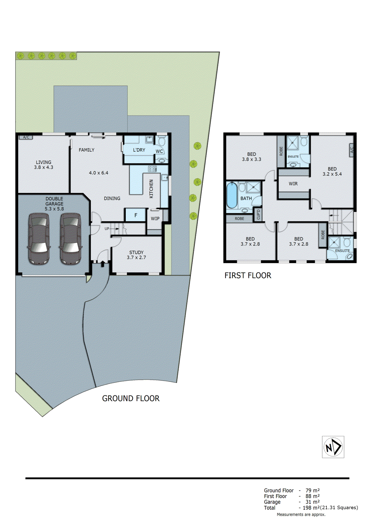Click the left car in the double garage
point(39,239)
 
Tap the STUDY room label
point(136,252)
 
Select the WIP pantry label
point(155,218)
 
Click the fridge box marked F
point(136,215)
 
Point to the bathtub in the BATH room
point(232,195)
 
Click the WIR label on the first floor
point(293,184)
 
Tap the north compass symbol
point(333,447)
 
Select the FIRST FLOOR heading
point(248,276)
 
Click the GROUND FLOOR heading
point(131,398)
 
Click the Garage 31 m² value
point(312,502)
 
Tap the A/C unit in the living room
point(26,137)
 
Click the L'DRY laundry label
point(139,150)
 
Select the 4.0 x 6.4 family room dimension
point(98,173)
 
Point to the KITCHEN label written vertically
point(151,189)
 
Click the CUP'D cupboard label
point(258,214)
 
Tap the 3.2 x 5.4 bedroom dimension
point(332,174)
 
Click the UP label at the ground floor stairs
point(107,228)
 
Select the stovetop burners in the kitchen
point(152,169)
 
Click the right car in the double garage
point(70,239)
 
